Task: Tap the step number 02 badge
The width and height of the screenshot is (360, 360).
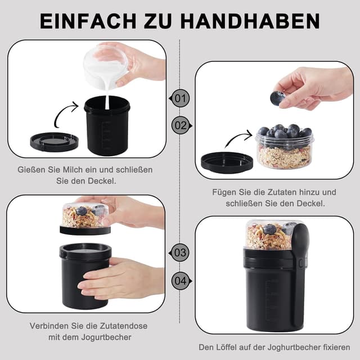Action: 180,125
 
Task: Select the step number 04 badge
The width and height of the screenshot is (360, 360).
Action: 180,280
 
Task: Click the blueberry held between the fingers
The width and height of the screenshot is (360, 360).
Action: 277,98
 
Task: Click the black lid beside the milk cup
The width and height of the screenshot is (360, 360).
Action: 54,141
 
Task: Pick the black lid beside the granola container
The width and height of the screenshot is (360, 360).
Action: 226,162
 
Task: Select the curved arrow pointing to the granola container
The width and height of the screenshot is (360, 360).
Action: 236,139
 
